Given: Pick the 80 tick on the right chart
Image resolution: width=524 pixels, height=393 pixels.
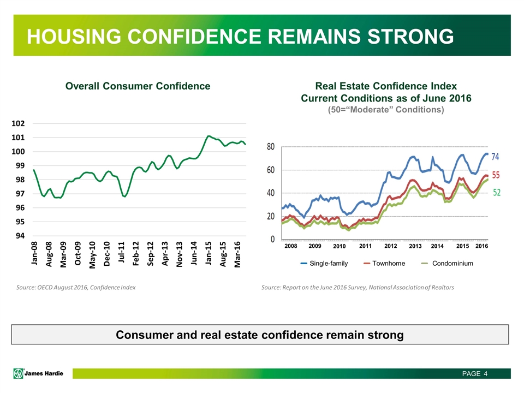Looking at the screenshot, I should pos(270,147).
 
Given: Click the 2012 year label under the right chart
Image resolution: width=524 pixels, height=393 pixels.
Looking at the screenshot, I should pos(391,246).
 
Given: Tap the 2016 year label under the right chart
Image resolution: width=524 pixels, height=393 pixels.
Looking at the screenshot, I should pos(481,246).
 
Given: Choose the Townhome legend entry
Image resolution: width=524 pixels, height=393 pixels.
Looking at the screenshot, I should pos(388,264).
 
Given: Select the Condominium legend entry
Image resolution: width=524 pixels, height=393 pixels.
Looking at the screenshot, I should pos(452,264).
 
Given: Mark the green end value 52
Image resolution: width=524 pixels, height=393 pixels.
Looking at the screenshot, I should pos(497,193).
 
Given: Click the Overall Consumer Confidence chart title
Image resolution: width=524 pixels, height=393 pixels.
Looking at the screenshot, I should pos(138,86).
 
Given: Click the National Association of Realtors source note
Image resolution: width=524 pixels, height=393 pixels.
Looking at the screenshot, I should pos(358,287).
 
